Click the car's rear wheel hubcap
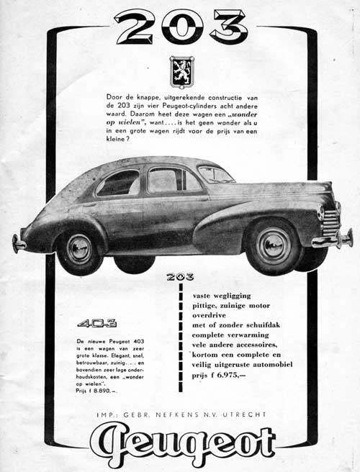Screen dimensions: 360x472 (78, 248)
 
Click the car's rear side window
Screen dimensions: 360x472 (118, 183)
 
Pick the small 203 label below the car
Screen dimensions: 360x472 (179, 276)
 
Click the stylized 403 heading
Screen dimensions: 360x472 (93, 322)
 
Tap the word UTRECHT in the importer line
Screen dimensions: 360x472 (244, 414)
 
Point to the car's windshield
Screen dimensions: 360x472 (215, 175)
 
